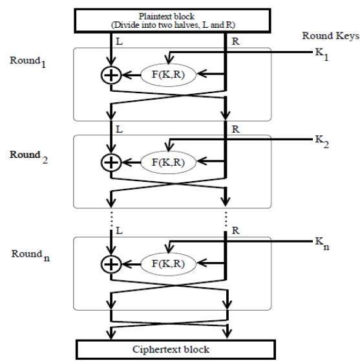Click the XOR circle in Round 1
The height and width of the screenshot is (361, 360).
click(x=111, y=75)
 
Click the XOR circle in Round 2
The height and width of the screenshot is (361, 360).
click(x=111, y=162)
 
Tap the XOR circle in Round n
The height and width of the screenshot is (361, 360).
click(x=111, y=264)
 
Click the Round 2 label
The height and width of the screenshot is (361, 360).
click(x=29, y=157)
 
